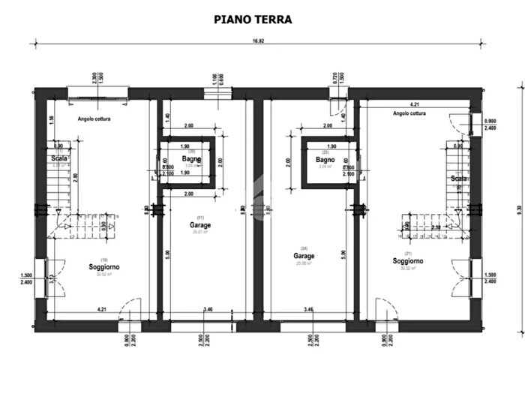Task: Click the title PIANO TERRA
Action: pyautogui.click(x=253, y=20)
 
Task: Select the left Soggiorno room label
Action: pyautogui.click(x=104, y=266)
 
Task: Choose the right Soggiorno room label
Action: pyautogui.click(x=407, y=261)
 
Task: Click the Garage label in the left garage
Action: pyautogui.click(x=199, y=224)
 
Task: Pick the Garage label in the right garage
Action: pyautogui.click(x=304, y=255)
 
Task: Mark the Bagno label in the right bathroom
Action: pyautogui.click(x=325, y=160)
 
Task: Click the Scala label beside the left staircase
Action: pyautogui.click(x=60, y=159)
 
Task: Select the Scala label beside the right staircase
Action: pyautogui.click(x=458, y=179)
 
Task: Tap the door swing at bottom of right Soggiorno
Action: pyautogui.click(x=385, y=309)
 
